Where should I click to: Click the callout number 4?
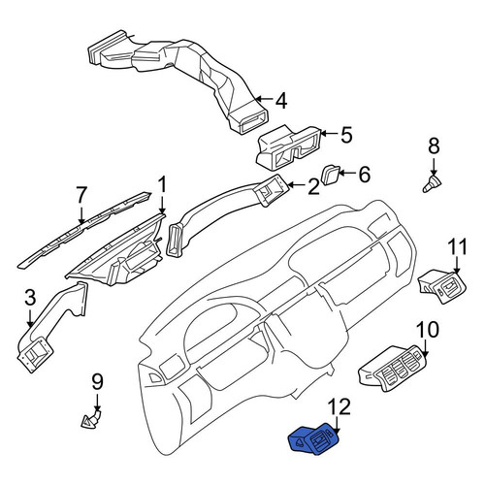[x=281, y=101]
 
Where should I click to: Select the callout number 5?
[x=346, y=135]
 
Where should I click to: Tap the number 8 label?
[x=434, y=145]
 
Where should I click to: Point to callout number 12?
[x=339, y=406]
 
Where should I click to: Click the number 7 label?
[x=81, y=195]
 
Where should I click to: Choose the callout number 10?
[x=427, y=329]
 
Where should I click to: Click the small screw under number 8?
[x=433, y=183]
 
